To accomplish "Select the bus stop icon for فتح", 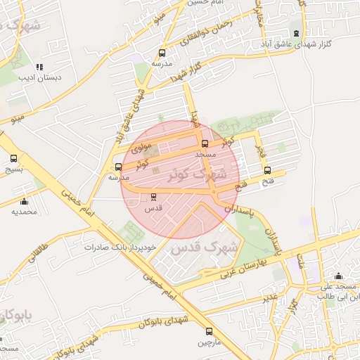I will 267,169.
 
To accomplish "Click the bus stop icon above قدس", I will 153,197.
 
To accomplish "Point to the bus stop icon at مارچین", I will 208,331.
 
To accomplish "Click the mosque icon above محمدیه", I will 24,201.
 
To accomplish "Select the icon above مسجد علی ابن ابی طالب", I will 340,276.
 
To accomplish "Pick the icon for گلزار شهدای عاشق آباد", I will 296,33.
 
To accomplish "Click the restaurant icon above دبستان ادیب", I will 49,67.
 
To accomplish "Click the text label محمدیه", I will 24,211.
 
